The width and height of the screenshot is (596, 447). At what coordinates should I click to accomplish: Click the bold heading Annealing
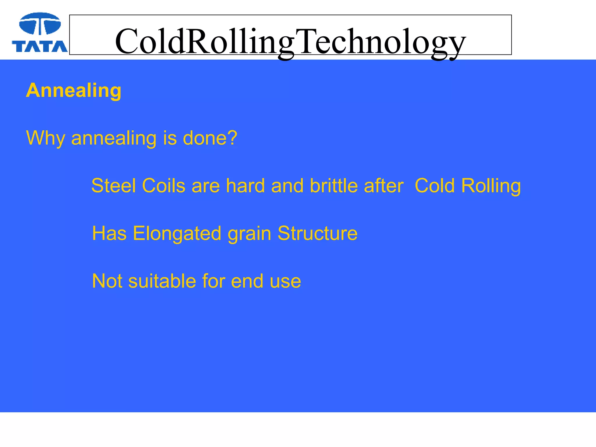74,91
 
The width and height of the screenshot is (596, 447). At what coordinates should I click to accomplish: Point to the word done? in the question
210,138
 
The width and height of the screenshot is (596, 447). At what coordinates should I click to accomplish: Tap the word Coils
164,186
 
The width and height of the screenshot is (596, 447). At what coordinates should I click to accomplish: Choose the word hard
245,186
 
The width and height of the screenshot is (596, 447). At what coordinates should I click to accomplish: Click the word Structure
317,233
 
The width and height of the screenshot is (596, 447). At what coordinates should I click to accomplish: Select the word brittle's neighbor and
287,186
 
